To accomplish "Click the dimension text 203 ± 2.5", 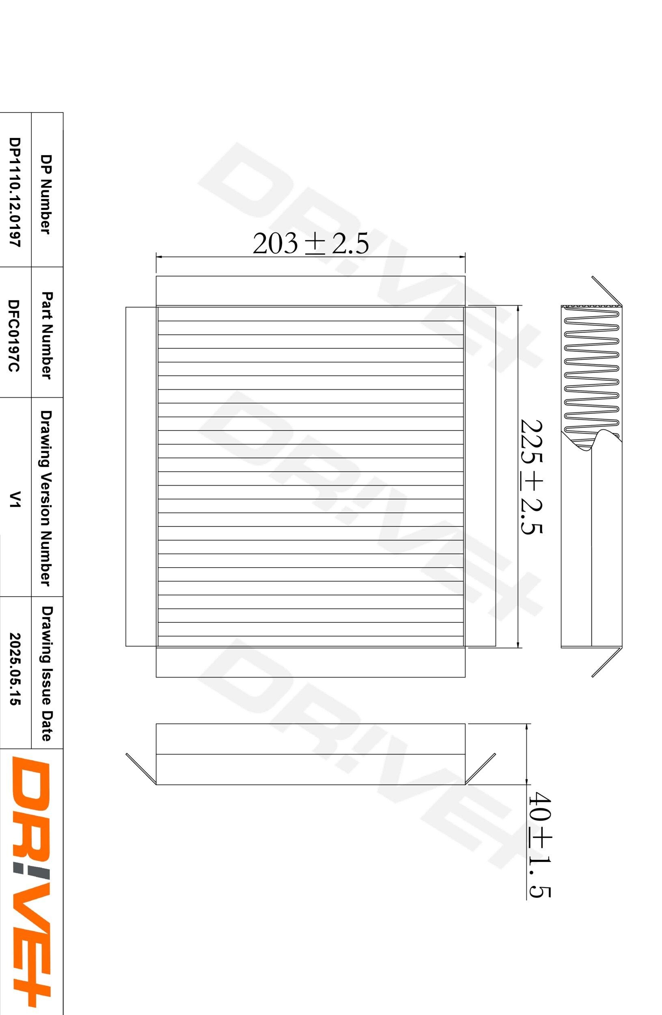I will click(x=311, y=244).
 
